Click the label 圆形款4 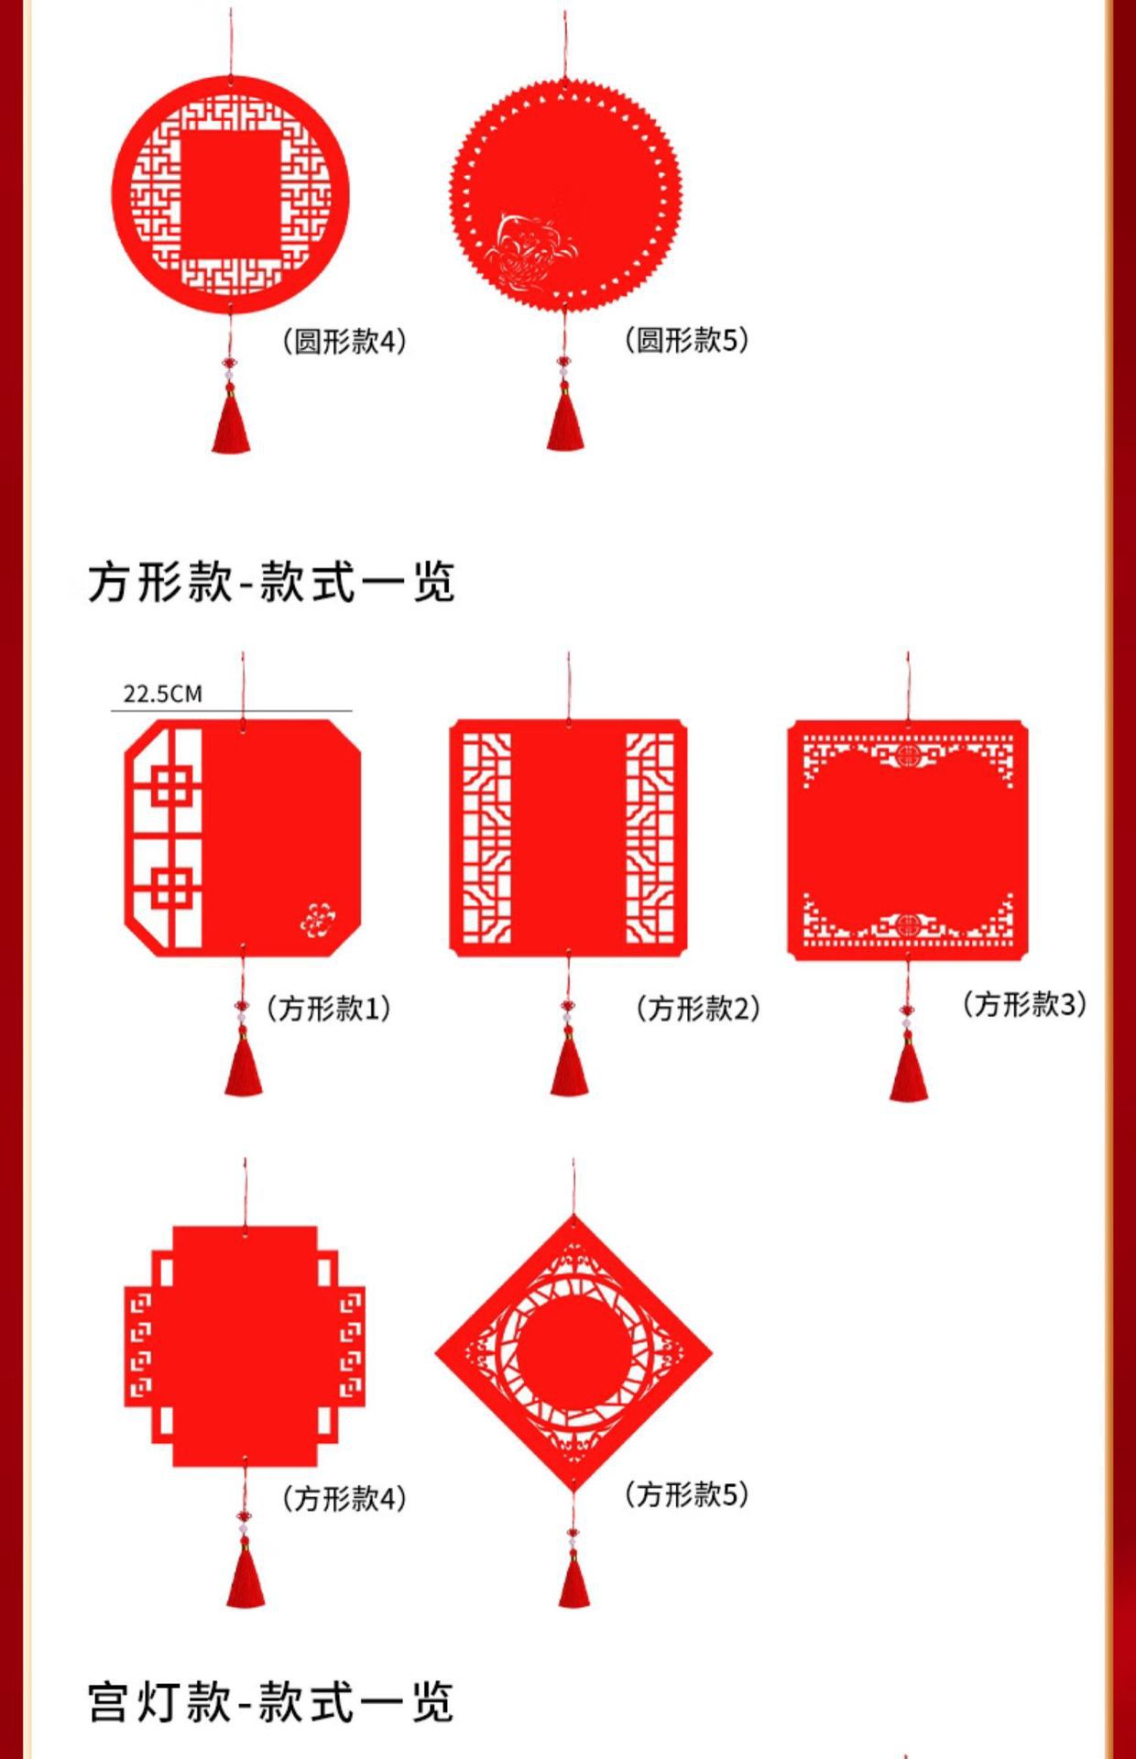click(x=344, y=342)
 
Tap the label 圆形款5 click(x=686, y=340)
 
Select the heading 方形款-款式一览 click(x=271, y=582)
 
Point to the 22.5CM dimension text click(x=162, y=694)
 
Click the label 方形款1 click(x=329, y=1009)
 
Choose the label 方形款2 click(x=698, y=1009)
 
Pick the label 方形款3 click(x=1024, y=1004)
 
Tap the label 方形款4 click(x=344, y=1499)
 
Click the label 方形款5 click(x=686, y=1494)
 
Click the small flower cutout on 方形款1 click(x=317, y=919)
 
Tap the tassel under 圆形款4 click(x=231, y=421)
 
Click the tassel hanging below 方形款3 click(x=908, y=1067)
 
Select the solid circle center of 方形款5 click(x=573, y=1353)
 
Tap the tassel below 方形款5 click(x=573, y=1578)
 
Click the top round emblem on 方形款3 click(x=908, y=757)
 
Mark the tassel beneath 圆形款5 click(x=565, y=420)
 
